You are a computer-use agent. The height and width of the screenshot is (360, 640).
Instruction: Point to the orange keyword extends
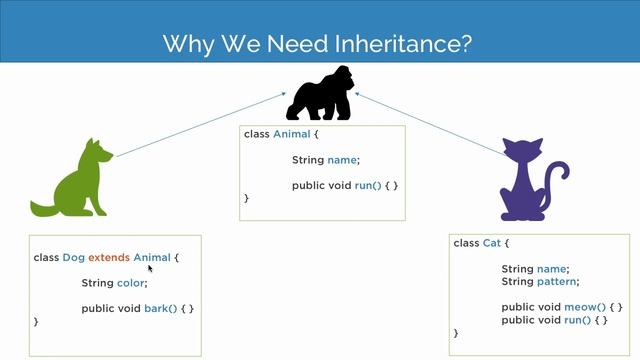[110, 257]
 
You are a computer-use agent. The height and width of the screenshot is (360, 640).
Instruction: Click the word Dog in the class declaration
[74, 257]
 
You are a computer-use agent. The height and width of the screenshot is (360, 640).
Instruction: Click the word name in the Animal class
[342, 160]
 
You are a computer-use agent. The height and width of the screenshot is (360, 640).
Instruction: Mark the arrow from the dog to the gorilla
[200, 125]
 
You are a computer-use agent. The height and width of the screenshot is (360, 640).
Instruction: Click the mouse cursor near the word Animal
[150, 268]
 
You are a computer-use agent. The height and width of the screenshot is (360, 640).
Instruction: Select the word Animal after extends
[152, 257]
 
